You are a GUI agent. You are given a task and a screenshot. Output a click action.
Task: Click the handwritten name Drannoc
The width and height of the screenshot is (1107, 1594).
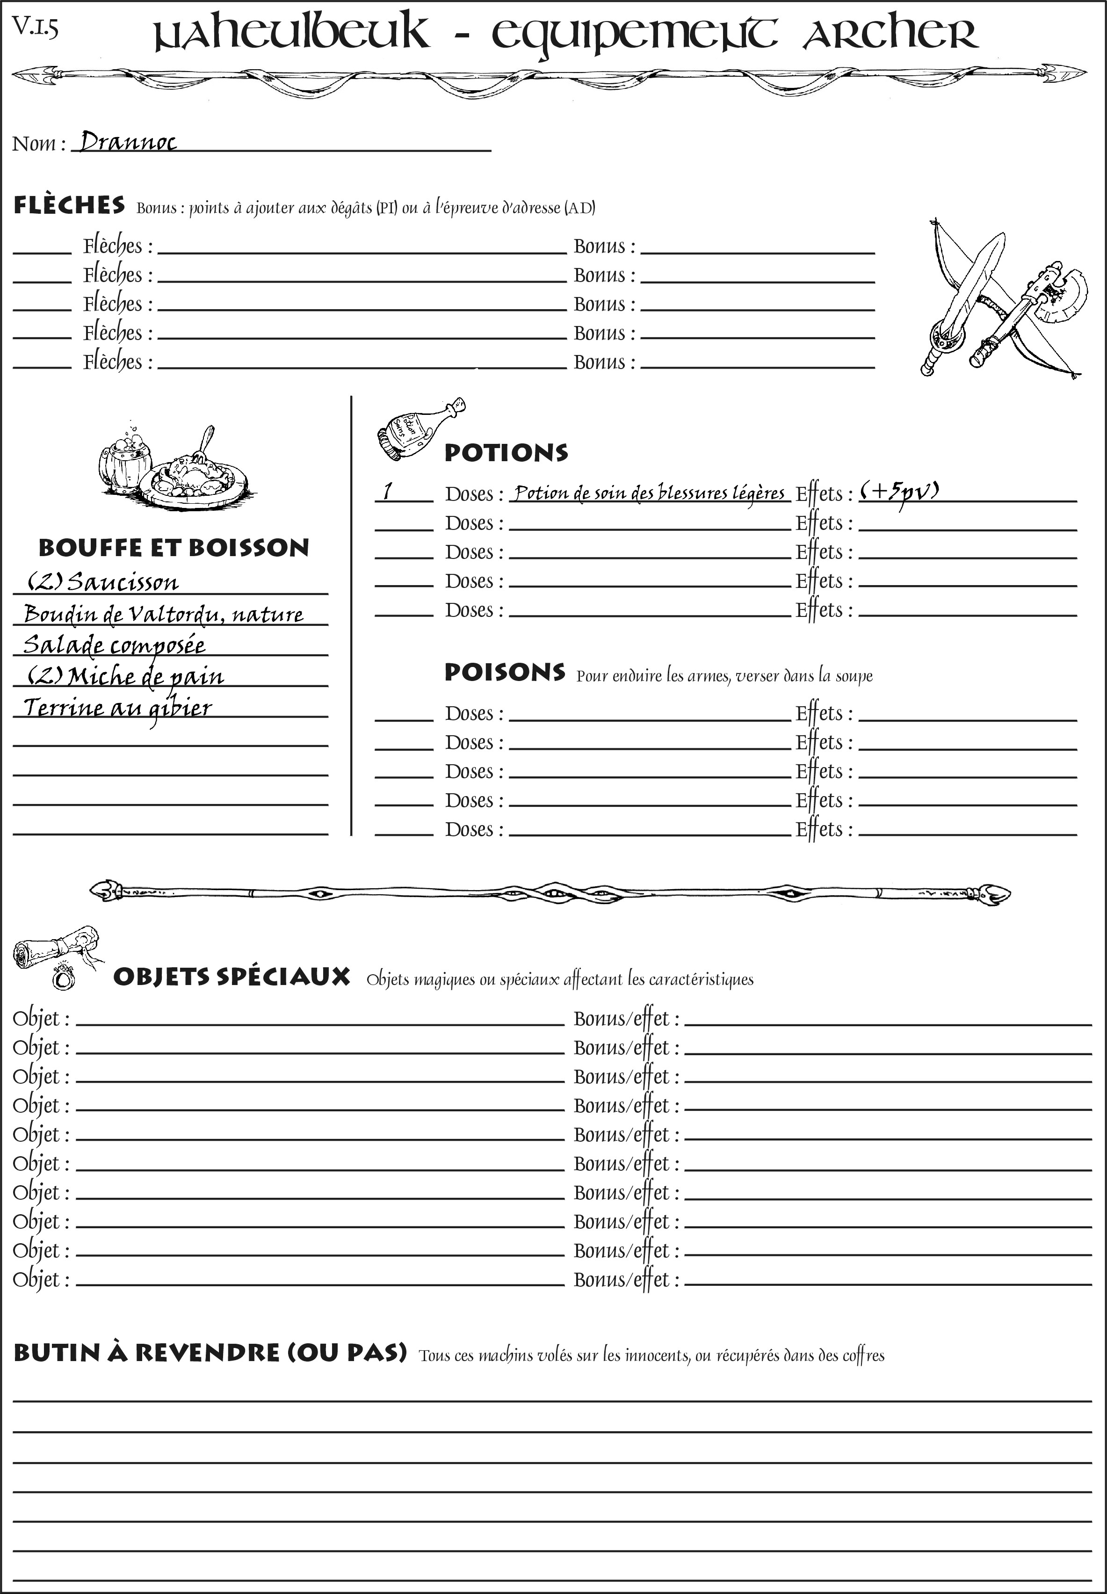(x=128, y=142)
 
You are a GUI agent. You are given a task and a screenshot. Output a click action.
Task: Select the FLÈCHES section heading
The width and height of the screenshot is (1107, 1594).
(x=69, y=205)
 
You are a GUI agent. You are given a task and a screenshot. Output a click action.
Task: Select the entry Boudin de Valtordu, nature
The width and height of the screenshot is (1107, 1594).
(x=163, y=614)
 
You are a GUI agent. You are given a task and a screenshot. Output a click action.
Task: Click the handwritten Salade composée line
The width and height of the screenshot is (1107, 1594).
(x=115, y=645)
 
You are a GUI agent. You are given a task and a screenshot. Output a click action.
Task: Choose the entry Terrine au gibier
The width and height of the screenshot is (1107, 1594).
(x=118, y=708)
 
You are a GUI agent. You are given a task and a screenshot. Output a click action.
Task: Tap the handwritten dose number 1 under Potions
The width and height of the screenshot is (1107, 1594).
(x=388, y=491)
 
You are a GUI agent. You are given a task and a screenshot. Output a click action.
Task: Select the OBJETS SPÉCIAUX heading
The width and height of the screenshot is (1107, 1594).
(x=232, y=977)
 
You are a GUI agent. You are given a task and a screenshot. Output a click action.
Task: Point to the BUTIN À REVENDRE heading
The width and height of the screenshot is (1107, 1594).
(x=210, y=1353)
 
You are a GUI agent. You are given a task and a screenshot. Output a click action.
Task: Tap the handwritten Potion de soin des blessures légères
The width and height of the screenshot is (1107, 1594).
(x=649, y=493)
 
